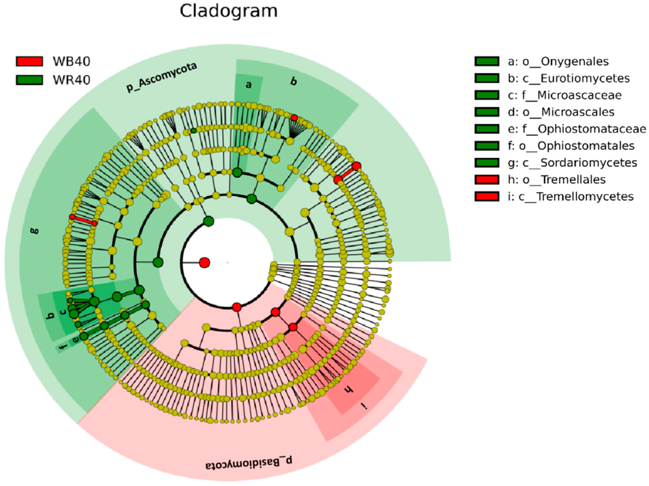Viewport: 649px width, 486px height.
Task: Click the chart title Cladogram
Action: tap(229, 11)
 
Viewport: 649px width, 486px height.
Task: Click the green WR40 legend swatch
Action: tap(29, 80)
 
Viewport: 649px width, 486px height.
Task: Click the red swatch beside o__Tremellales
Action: tap(487, 179)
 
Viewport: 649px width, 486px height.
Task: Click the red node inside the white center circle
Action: tap(205, 262)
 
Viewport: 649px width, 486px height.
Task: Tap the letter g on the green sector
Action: tap(35, 231)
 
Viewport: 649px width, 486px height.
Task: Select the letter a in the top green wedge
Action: tap(248, 85)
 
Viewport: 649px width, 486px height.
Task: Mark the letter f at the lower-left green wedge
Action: tap(63, 347)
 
